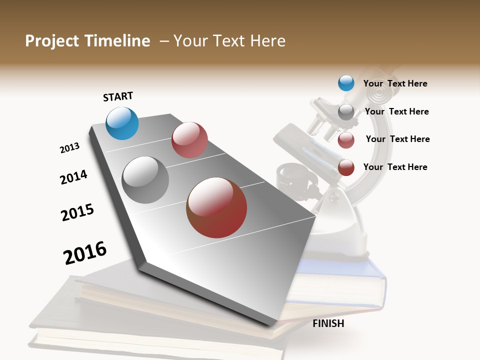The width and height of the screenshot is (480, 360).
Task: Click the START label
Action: pyautogui.click(x=118, y=96)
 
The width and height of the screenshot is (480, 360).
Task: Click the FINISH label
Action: pyautogui.click(x=328, y=323)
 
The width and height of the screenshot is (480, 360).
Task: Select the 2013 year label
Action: pyautogui.click(x=69, y=148)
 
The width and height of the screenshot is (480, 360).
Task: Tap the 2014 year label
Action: pyautogui.click(x=73, y=177)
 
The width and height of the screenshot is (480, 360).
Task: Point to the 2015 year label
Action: pyautogui.click(x=77, y=212)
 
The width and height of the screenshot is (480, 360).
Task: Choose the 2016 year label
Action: pyautogui.click(x=85, y=252)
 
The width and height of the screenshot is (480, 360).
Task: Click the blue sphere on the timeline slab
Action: pyautogui.click(x=122, y=123)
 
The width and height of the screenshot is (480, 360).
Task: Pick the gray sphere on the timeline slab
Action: pyautogui.click(x=145, y=180)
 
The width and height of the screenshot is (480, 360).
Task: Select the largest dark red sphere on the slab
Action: pyautogui.click(x=216, y=207)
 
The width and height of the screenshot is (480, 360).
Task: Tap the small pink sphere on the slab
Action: pyautogui.click(x=189, y=140)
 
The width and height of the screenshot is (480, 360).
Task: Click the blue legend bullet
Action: pyautogui.click(x=346, y=83)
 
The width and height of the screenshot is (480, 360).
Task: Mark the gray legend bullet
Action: pyautogui.click(x=346, y=111)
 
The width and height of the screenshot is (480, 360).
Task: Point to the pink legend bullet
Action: pyautogui.click(x=346, y=140)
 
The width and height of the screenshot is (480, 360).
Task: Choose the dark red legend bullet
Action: pyautogui.click(x=346, y=167)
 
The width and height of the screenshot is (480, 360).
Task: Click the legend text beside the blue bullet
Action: pyautogui.click(x=395, y=83)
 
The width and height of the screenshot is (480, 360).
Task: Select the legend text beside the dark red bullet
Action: pyautogui.click(x=395, y=167)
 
